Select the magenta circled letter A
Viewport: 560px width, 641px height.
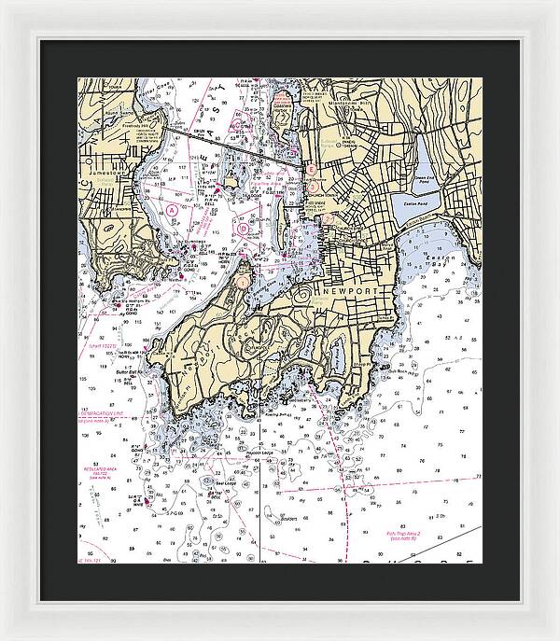click(x=173, y=211)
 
